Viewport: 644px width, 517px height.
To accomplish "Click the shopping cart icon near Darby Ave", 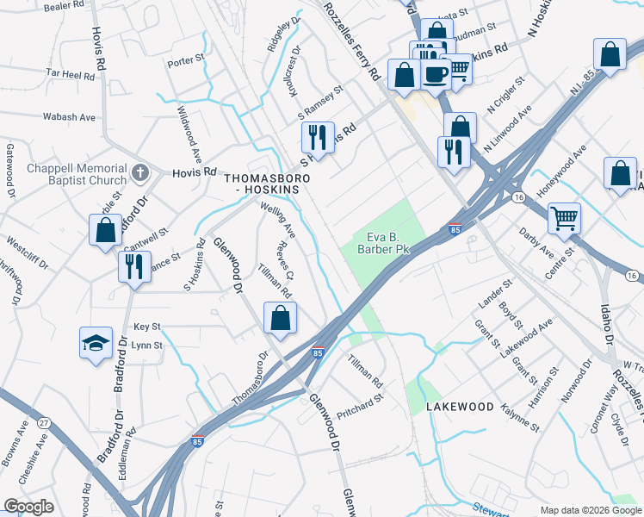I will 564,217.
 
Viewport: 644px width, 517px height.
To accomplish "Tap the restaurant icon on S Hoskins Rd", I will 317,138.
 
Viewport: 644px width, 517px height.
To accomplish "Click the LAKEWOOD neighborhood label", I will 460,406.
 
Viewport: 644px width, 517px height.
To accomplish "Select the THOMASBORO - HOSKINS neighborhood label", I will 267,184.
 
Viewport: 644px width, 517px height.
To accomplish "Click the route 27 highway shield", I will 44,423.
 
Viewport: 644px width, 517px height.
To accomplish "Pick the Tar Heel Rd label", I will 71,76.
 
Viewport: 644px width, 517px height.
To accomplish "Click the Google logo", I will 28,507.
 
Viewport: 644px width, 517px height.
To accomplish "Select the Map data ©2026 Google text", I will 590,510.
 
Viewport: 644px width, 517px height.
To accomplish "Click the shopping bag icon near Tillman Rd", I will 280,318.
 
